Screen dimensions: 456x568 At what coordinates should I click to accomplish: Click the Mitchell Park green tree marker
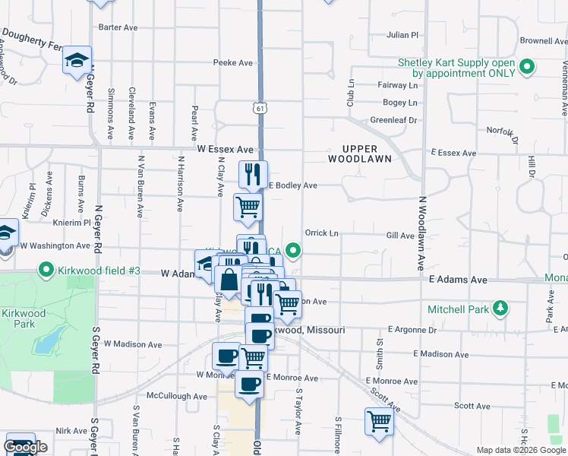click(x=500, y=308)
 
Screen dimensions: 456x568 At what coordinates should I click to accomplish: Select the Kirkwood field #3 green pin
click(x=46, y=270)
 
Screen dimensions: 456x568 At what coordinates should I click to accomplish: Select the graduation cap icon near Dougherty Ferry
click(x=76, y=60)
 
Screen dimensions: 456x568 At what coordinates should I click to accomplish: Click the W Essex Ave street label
click(x=225, y=150)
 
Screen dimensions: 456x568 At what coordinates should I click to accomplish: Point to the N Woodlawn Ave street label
click(x=421, y=233)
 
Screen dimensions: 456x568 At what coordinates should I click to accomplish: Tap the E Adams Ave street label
click(x=457, y=280)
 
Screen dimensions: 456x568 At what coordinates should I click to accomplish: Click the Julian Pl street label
click(x=402, y=35)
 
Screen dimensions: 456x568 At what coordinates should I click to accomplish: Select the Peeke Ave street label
click(x=232, y=62)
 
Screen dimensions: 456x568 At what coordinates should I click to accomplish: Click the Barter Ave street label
click(x=118, y=27)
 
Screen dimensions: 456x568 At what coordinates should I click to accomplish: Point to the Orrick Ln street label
click(x=321, y=233)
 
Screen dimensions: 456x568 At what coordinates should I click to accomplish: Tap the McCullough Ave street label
click(x=177, y=396)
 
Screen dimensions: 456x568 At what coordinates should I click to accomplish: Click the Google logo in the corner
click(x=26, y=447)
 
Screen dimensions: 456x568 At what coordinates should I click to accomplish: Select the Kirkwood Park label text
click(x=24, y=318)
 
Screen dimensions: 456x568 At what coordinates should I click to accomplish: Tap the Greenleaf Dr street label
click(x=393, y=120)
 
